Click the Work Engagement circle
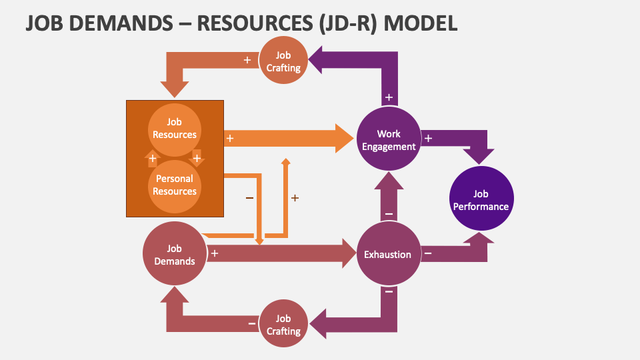coord(389,140)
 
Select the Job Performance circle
coord(481,199)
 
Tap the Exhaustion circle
coord(388,254)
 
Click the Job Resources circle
coord(175,128)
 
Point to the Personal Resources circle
coord(175,185)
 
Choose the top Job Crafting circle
coord(283,61)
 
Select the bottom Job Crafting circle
coord(283,324)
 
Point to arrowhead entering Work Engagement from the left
coord(343,138)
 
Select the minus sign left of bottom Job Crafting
coord(251,323)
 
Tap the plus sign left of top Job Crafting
coord(247,60)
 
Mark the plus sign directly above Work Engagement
coord(389,97)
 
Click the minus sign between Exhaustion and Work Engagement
coord(389,214)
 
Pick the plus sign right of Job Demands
coord(215,253)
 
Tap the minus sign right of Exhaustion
coord(428,253)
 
